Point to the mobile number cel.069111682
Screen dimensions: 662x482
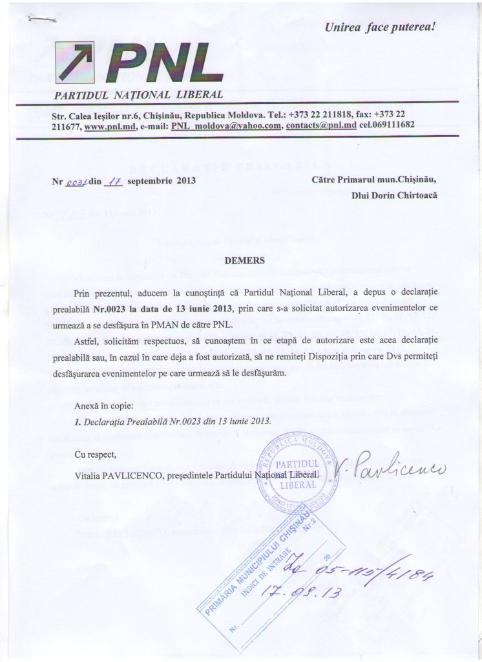(387, 126)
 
